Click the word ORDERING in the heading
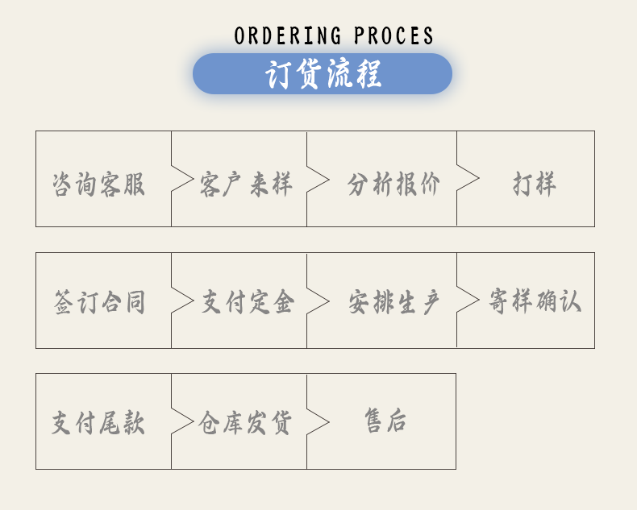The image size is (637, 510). point(288,36)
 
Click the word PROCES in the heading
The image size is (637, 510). point(393,36)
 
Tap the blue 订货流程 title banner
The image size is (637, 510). point(323,74)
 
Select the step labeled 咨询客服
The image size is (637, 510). point(98,185)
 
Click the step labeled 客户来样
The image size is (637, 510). point(246,185)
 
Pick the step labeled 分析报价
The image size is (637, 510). point(394,185)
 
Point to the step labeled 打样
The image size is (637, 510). point(535,185)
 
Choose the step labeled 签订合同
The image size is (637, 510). point(98,303)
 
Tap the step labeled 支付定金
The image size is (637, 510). point(248,303)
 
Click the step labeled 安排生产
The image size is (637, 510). point(394,303)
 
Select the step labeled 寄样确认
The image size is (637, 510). point(535,301)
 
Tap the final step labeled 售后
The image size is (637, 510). point(385,421)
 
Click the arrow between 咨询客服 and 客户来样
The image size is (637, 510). point(182,180)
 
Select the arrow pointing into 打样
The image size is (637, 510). point(468,179)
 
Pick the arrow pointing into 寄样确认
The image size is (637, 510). point(468,300)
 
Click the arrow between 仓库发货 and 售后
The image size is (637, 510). point(318,421)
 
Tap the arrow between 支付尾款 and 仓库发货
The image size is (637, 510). point(182,421)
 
